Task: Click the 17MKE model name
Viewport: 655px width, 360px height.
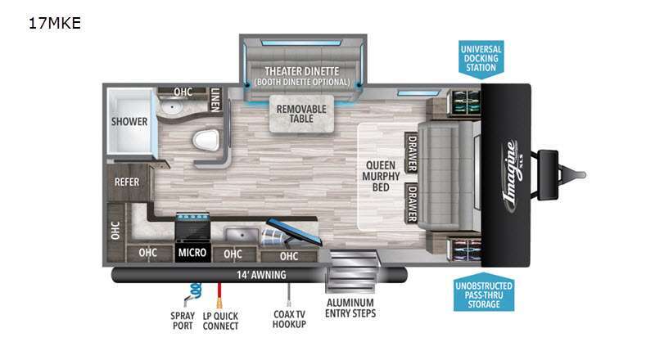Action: point(54,23)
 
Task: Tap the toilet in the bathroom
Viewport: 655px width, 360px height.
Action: point(206,140)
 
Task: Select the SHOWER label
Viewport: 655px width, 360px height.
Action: point(129,122)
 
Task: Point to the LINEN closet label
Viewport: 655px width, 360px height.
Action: point(215,100)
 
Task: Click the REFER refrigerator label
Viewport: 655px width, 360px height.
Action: point(127,182)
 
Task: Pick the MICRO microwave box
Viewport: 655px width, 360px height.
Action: point(192,252)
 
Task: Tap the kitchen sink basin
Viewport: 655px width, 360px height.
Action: point(242,234)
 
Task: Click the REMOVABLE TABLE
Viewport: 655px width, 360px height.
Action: point(301,114)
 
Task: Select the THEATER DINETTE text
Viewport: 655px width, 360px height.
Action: point(301,71)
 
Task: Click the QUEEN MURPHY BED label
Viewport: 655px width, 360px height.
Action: point(381,176)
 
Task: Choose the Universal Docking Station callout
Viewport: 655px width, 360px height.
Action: point(481,59)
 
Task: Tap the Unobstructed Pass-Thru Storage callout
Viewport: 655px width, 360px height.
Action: point(484,293)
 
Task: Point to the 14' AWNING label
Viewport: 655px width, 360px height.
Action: point(261,275)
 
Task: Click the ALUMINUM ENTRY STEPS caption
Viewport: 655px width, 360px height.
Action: point(350,308)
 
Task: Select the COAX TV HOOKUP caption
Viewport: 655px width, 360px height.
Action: point(289,319)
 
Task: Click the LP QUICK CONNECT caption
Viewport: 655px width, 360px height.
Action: point(220,321)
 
